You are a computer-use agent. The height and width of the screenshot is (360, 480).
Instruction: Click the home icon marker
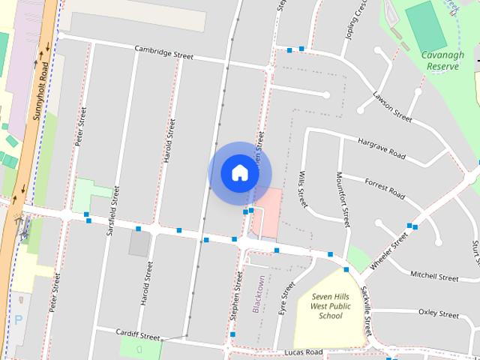(239, 172)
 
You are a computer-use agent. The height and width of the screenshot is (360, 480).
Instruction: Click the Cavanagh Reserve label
(442, 60)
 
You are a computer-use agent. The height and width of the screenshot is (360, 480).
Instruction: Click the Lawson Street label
(392, 106)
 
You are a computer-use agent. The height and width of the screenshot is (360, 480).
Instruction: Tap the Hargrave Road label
(381, 150)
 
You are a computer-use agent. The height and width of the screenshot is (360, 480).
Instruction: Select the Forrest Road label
(384, 188)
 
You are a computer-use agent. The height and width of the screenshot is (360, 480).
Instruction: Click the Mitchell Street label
(434, 277)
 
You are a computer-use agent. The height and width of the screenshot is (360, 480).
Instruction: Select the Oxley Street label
(438, 312)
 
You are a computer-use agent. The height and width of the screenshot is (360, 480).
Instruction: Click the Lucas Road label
(304, 352)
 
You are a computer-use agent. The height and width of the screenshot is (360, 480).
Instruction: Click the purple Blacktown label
(259, 294)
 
